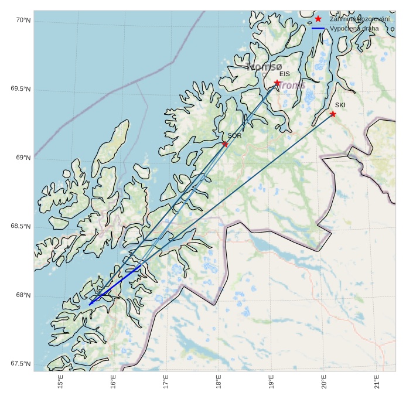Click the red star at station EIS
277,83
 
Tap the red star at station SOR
225,144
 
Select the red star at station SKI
333,114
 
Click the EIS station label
285,74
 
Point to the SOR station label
235,135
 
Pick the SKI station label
340,105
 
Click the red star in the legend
318,19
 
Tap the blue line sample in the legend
318,28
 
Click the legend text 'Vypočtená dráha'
354,28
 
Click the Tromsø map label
265,67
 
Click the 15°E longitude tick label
60,381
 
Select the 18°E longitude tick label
218,381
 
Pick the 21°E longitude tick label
376,381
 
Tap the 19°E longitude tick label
271,381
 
